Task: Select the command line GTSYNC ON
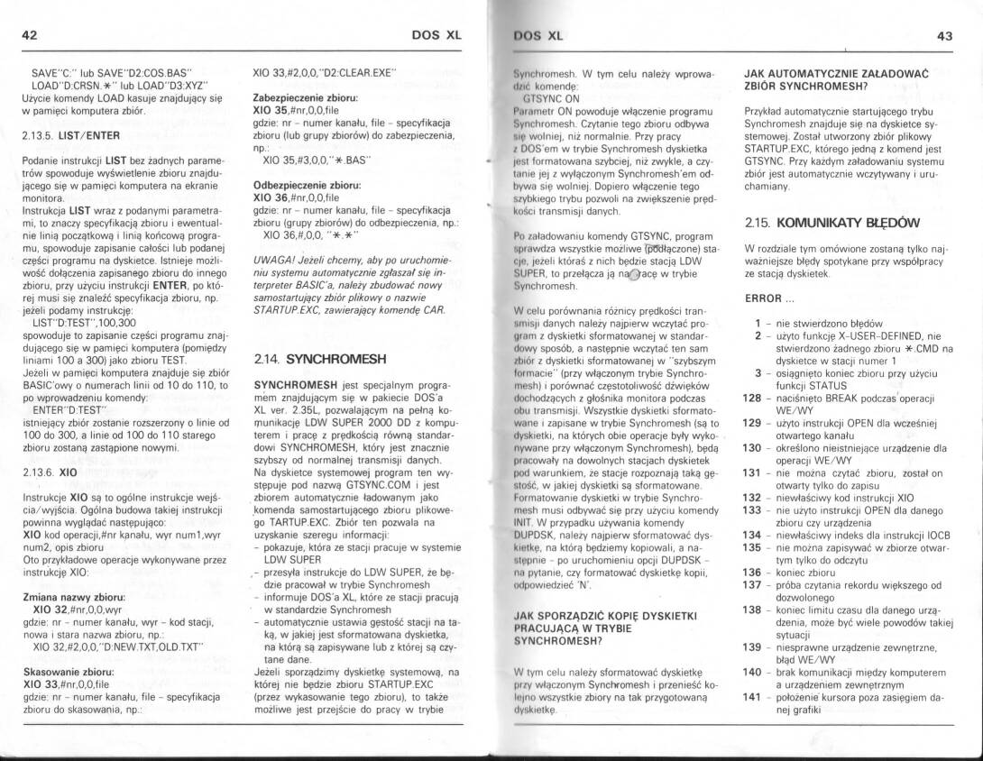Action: click(x=551, y=96)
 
